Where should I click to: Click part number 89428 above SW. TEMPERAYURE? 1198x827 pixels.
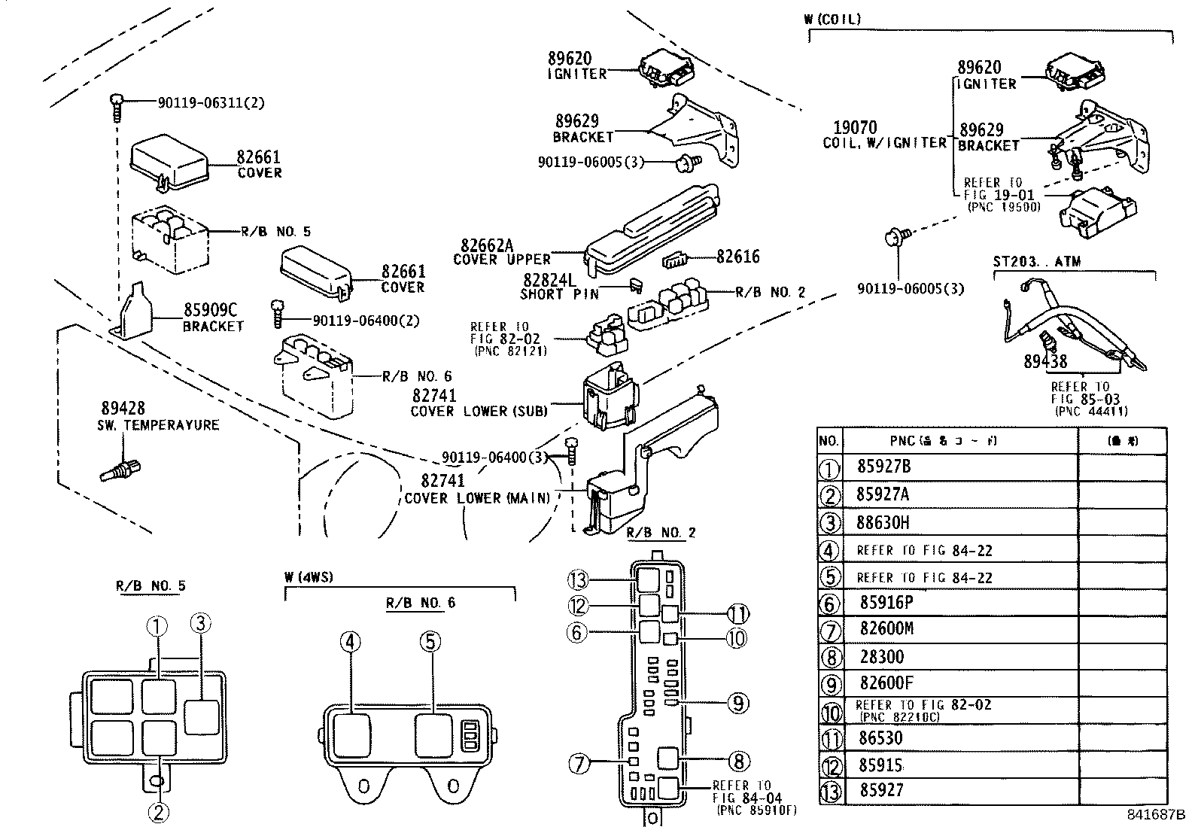tap(123, 409)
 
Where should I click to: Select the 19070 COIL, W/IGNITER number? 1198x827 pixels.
tap(855, 128)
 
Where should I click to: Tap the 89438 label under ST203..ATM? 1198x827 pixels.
tap(1044, 362)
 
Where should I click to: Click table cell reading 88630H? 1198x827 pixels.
tap(884, 522)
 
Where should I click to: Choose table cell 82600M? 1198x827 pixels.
tap(886, 628)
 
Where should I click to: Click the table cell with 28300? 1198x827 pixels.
tap(881, 657)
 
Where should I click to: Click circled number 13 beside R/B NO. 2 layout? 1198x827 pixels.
tap(577, 580)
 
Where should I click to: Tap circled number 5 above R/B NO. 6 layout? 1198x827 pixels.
tap(430, 642)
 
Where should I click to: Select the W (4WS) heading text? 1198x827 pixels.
tap(308, 578)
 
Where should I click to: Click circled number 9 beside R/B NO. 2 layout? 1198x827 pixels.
tap(737, 703)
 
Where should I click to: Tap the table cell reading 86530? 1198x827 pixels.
tap(880, 738)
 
